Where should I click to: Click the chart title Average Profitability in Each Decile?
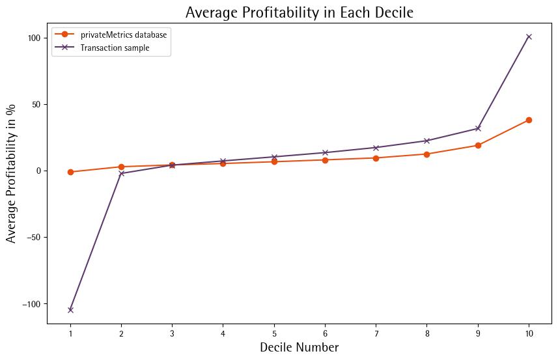[x=300, y=12]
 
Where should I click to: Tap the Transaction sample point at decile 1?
[x=70, y=310]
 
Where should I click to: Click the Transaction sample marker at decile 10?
[x=529, y=36]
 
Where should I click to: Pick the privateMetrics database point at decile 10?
[x=529, y=120]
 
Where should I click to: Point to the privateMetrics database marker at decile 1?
[x=70, y=172]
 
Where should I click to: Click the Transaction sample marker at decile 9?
[x=478, y=128]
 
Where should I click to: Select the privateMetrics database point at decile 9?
[x=478, y=145]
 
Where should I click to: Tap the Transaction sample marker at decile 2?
[x=121, y=173]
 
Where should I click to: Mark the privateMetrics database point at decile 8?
[x=427, y=154]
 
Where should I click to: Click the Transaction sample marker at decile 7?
[x=376, y=148]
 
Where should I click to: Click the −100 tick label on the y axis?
[x=32, y=303]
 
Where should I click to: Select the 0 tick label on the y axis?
[x=38, y=171]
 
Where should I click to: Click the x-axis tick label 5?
[x=274, y=333]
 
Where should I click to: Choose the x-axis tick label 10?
[x=529, y=333]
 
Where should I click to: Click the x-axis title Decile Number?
[x=299, y=348]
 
